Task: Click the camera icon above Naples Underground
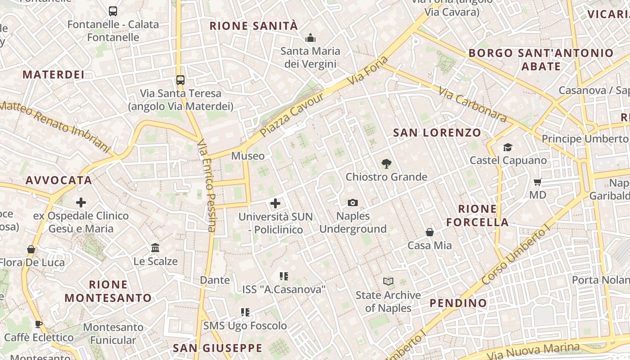tap(353, 202)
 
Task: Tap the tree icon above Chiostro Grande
tap(386, 164)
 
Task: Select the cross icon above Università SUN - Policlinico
tap(275, 203)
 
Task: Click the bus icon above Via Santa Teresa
tap(180, 80)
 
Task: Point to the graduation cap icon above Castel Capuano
tap(508, 147)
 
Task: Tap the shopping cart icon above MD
tap(537, 182)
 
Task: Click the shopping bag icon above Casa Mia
tap(430, 232)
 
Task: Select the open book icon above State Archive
tap(388, 282)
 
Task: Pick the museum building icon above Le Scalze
tap(156, 248)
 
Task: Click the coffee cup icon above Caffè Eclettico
tap(39, 324)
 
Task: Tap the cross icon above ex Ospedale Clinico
tap(81, 202)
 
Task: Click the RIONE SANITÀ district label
tap(254, 26)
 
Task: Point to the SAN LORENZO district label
tap(437, 133)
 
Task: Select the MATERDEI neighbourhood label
tap(54, 75)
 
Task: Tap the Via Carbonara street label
tap(472, 105)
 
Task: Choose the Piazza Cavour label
tap(292, 115)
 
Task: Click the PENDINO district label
tap(458, 303)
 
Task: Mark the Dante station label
tap(215, 280)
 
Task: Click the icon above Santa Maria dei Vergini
tap(310, 38)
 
